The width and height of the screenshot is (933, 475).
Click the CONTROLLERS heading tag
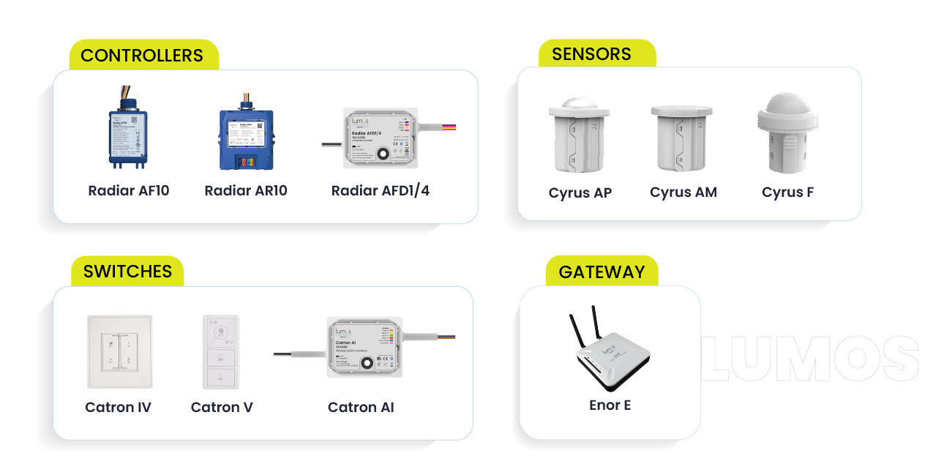142,56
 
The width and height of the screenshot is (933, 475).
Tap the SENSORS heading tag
591,54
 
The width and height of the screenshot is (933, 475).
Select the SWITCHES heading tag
127,272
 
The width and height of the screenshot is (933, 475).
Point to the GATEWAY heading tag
602,272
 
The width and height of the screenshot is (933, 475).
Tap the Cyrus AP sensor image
580,136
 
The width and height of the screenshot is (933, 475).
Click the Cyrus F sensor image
787,134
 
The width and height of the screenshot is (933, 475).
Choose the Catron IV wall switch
119,351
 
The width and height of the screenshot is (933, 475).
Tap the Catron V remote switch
220,352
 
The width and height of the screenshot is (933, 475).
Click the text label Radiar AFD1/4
381,191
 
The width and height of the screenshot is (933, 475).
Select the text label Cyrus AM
683,192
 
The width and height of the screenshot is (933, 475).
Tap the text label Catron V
222,407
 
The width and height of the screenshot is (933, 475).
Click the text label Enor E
610,404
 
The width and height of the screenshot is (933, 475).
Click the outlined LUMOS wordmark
810,359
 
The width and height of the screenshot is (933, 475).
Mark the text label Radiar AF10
129,191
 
